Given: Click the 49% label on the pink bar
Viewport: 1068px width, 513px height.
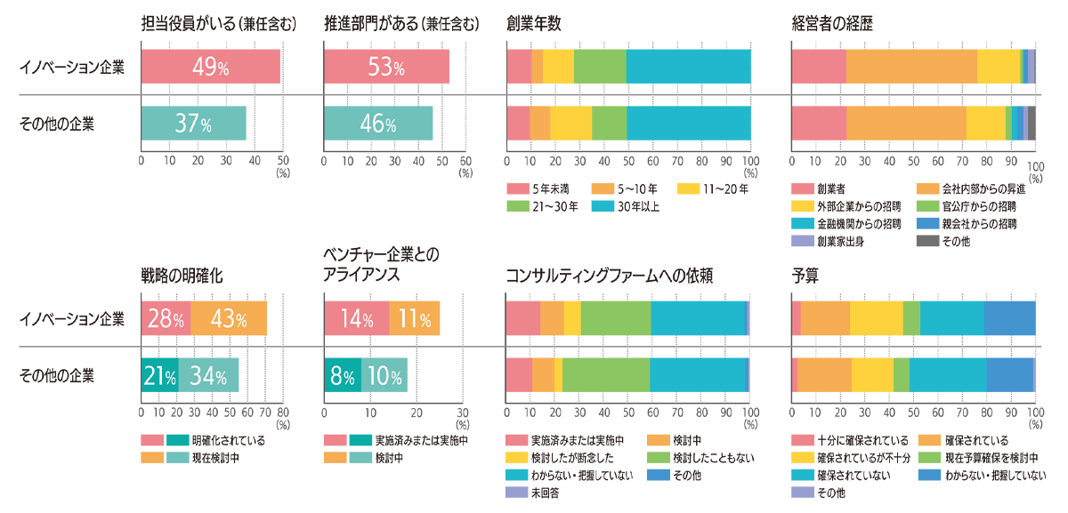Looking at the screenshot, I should [211, 68].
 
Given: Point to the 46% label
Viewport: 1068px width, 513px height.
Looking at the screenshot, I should [377, 124].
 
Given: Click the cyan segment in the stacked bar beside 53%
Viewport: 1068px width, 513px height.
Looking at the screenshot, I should [687, 68].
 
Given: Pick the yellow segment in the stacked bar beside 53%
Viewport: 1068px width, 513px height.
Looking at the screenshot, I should [558, 68].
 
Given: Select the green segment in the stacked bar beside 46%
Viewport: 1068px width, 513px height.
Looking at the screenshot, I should [609, 123].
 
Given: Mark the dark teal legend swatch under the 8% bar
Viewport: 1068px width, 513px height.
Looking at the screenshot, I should [360, 436].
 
